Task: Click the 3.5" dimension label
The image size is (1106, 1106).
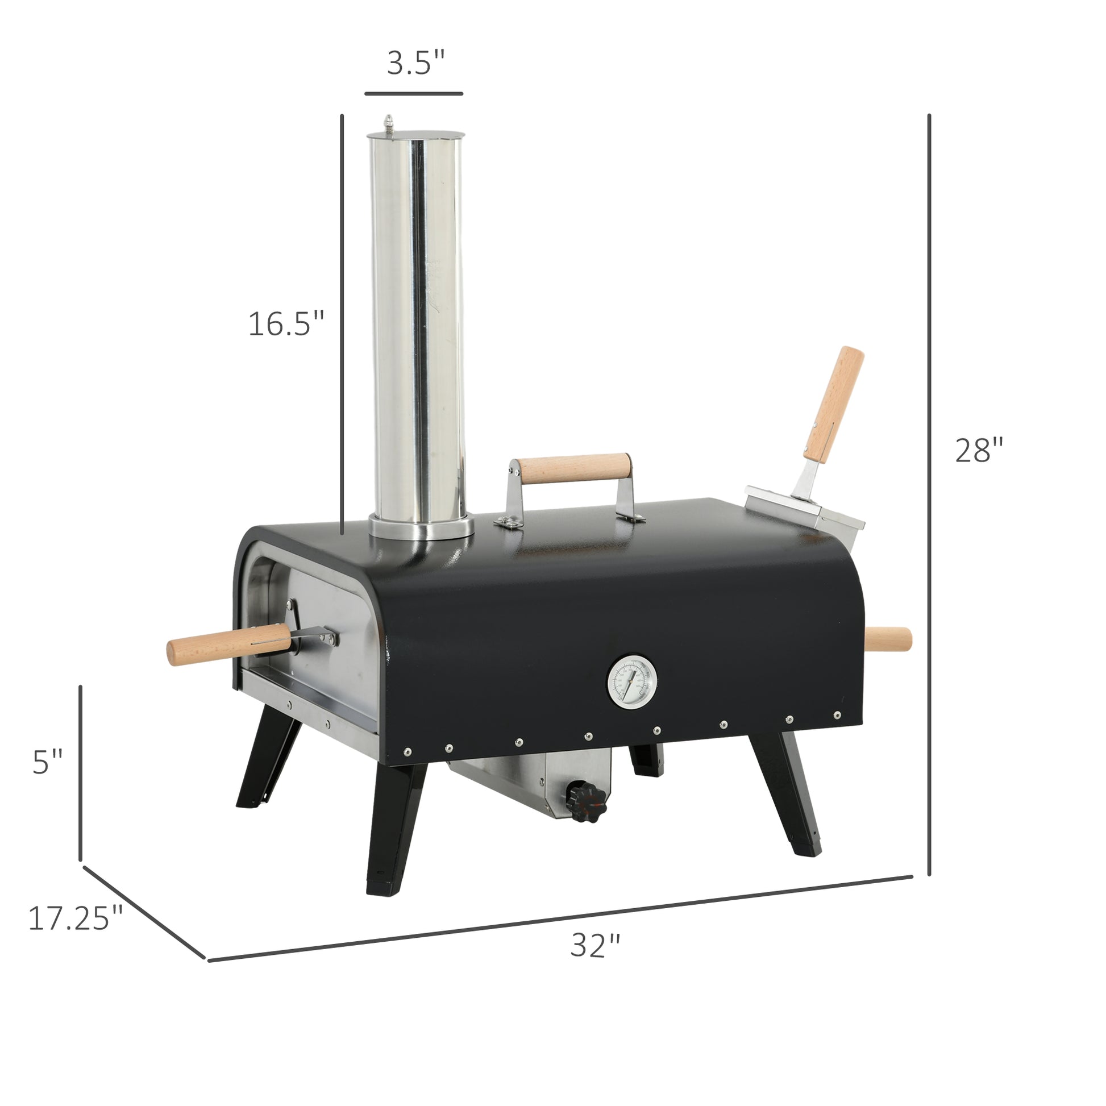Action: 415,63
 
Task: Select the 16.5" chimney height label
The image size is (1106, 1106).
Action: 286,324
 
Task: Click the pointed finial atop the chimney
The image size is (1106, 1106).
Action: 389,122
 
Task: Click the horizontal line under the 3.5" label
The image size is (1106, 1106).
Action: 413,93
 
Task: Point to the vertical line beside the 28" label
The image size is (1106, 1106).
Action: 929,492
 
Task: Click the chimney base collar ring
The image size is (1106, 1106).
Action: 421,526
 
